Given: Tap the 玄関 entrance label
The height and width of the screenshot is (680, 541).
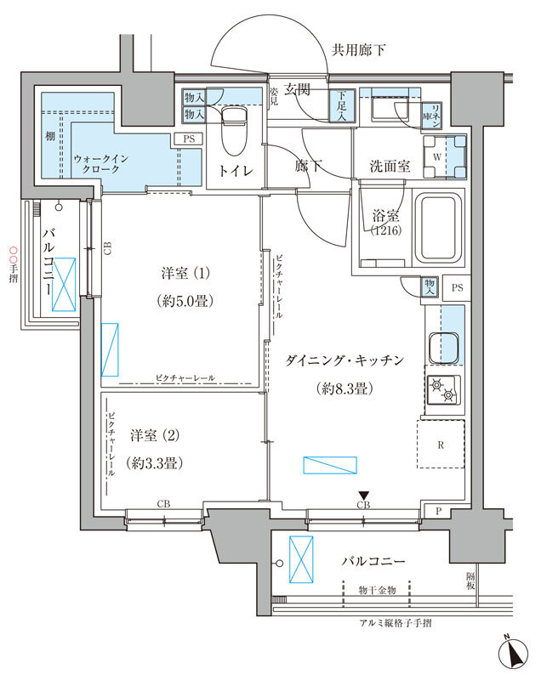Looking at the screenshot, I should tap(297, 88).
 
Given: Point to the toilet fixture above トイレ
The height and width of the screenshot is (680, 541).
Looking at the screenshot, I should tap(232, 127).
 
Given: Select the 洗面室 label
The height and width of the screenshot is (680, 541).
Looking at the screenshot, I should tap(390, 167).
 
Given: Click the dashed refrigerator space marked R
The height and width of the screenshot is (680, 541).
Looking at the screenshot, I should tap(441, 444).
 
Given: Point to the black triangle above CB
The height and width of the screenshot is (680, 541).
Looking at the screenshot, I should tap(364, 496).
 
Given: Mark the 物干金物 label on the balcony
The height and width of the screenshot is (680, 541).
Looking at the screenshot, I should tap(376, 589).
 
